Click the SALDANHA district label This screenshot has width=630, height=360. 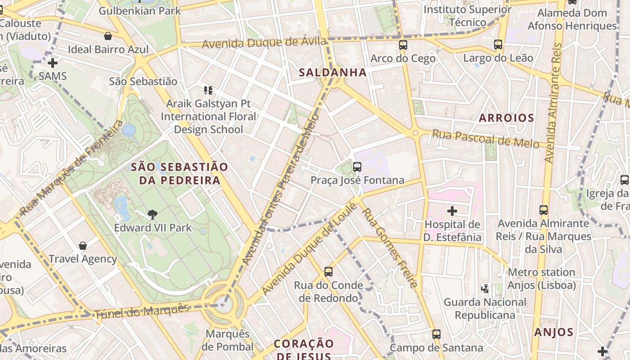(x=333, y=72)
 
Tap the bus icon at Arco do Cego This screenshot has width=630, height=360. (x=403, y=45)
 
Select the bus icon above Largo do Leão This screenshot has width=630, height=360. (x=498, y=45)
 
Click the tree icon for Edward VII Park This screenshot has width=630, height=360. (x=153, y=215)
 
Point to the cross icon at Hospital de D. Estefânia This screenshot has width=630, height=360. (x=452, y=211)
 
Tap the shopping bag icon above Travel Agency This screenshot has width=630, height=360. (x=82, y=246)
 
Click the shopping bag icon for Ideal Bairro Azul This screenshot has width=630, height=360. (x=108, y=36)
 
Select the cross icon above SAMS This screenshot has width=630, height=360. (x=53, y=63)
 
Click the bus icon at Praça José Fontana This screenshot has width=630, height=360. (x=357, y=167)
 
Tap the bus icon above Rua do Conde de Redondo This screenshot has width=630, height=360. (x=328, y=272)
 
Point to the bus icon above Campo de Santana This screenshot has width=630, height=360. (x=436, y=334)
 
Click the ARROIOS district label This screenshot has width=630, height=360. (x=506, y=118)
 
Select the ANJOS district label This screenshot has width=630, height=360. (x=553, y=333)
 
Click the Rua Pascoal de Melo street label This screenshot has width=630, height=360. (x=485, y=139)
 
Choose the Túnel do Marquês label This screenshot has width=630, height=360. (x=142, y=311)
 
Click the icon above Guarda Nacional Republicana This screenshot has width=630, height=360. (x=485, y=288)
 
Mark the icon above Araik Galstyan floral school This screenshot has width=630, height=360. (x=208, y=90)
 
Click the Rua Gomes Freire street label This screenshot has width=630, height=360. (x=390, y=247)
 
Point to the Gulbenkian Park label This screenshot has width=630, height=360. (x=139, y=11)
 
